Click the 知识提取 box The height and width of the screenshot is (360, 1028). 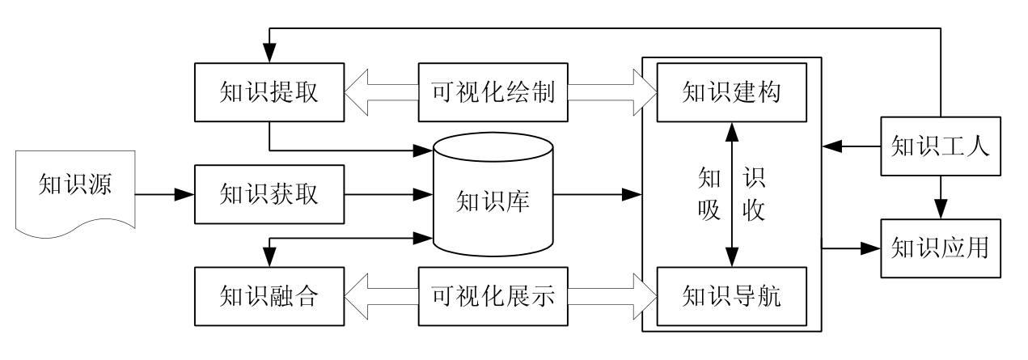pyautogui.click(x=270, y=91)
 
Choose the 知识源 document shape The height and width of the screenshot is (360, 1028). pyautogui.click(x=74, y=194)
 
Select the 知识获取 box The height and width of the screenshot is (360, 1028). pyautogui.click(x=270, y=194)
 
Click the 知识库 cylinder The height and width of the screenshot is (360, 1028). pyautogui.click(x=493, y=197)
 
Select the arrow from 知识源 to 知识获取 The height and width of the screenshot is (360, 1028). pyautogui.click(x=164, y=194)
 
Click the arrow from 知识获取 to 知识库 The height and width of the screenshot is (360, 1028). pyautogui.click(x=388, y=194)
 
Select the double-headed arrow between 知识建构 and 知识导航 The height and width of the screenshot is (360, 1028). pyautogui.click(x=732, y=194)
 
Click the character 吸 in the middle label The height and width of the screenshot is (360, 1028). pyautogui.click(x=709, y=212)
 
